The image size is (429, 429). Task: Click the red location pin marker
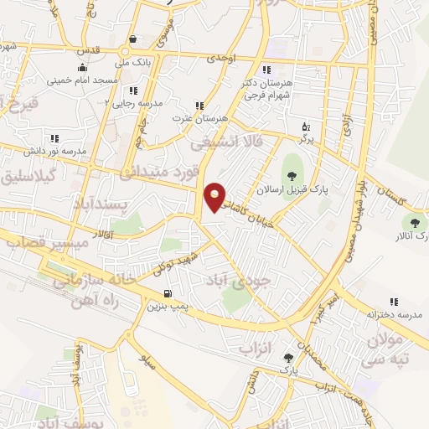coord(215,197)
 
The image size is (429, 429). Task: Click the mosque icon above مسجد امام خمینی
coord(81,68)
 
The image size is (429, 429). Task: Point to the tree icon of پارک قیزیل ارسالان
coord(291,175)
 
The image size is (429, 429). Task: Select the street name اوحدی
coord(237,58)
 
